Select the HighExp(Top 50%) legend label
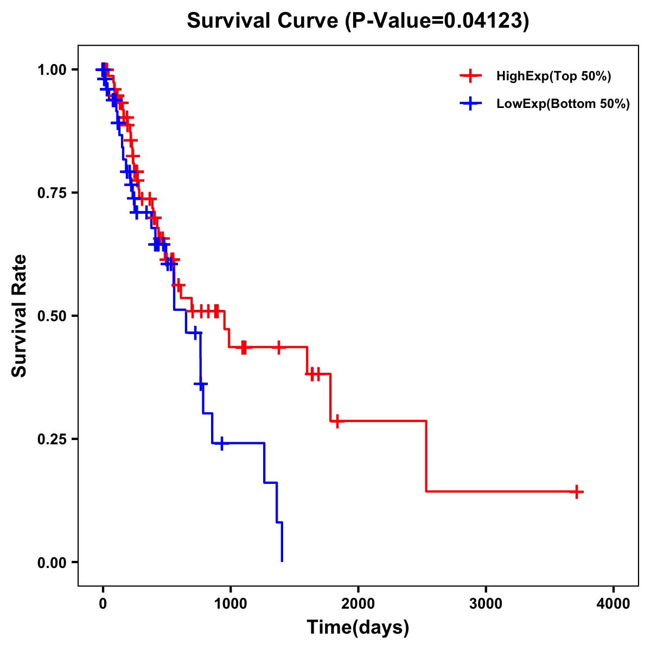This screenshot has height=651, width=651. [x=553, y=76]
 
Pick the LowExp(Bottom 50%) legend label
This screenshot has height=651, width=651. [x=563, y=104]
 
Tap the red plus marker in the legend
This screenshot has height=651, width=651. [x=471, y=76]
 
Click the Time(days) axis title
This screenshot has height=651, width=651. [x=358, y=628]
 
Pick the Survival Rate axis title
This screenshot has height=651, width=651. [x=20, y=316]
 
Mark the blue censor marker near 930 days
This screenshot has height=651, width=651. [x=221, y=443]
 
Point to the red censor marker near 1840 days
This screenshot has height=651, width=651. [x=337, y=421]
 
